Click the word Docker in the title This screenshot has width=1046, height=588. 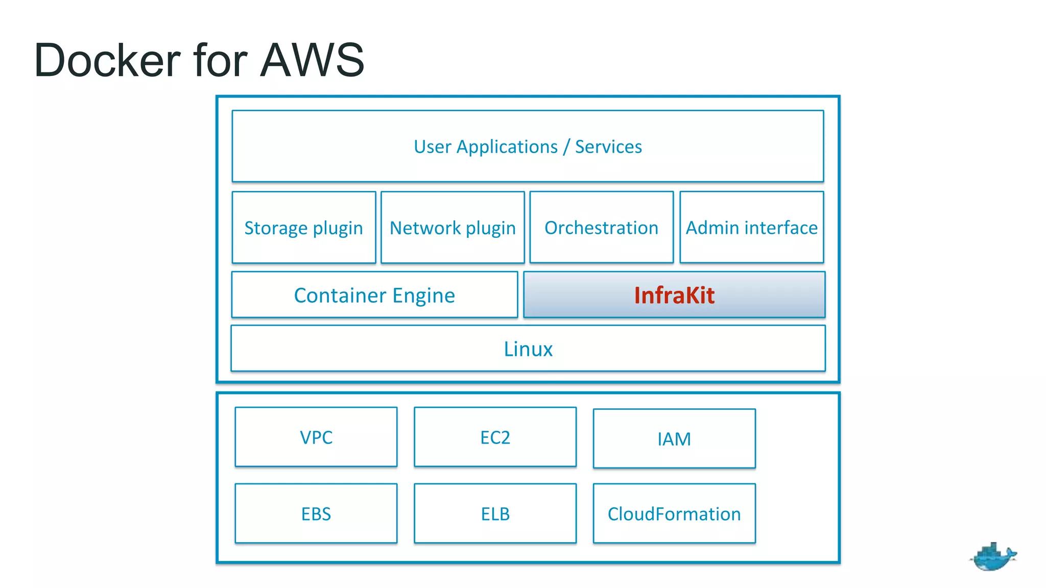(x=107, y=60)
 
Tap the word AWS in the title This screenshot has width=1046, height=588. (x=312, y=60)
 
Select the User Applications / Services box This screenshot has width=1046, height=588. (x=528, y=146)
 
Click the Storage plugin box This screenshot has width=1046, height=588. (x=304, y=228)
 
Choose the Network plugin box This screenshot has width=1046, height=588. (x=453, y=228)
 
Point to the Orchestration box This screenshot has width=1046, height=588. (x=601, y=228)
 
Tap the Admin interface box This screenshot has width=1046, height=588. (x=751, y=228)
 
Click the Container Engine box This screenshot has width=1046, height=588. (x=374, y=295)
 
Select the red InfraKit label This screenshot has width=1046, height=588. (x=674, y=295)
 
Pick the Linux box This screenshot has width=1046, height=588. (x=528, y=349)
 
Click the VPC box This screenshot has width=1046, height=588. (x=316, y=437)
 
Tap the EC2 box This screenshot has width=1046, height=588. (x=495, y=437)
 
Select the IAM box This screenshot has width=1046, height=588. (x=674, y=439)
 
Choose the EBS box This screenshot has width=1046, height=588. (x=316, y=513)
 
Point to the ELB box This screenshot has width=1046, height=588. (x=495, y=513)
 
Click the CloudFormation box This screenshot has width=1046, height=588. (x=674, y=513)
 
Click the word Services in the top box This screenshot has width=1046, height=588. (x=608, y=146)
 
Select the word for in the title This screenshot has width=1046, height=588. (x=220, y=60)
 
